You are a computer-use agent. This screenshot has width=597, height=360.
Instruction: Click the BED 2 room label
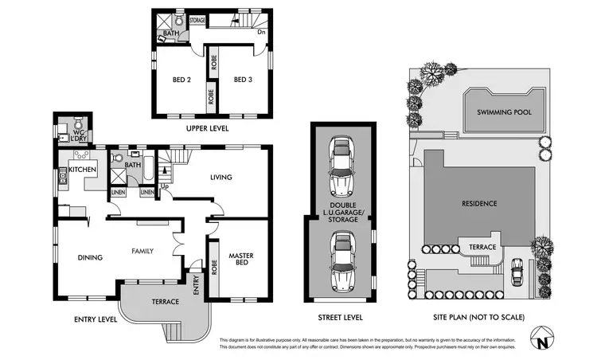182,80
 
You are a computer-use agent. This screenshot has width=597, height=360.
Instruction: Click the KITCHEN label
83,170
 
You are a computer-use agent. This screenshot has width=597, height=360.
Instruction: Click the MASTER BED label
240,260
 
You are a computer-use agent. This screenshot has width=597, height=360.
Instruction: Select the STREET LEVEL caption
340,317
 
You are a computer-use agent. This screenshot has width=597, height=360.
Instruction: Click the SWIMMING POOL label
499,113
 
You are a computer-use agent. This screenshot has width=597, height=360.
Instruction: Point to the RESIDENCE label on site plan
479,203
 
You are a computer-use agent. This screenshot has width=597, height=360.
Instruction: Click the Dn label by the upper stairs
261,33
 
